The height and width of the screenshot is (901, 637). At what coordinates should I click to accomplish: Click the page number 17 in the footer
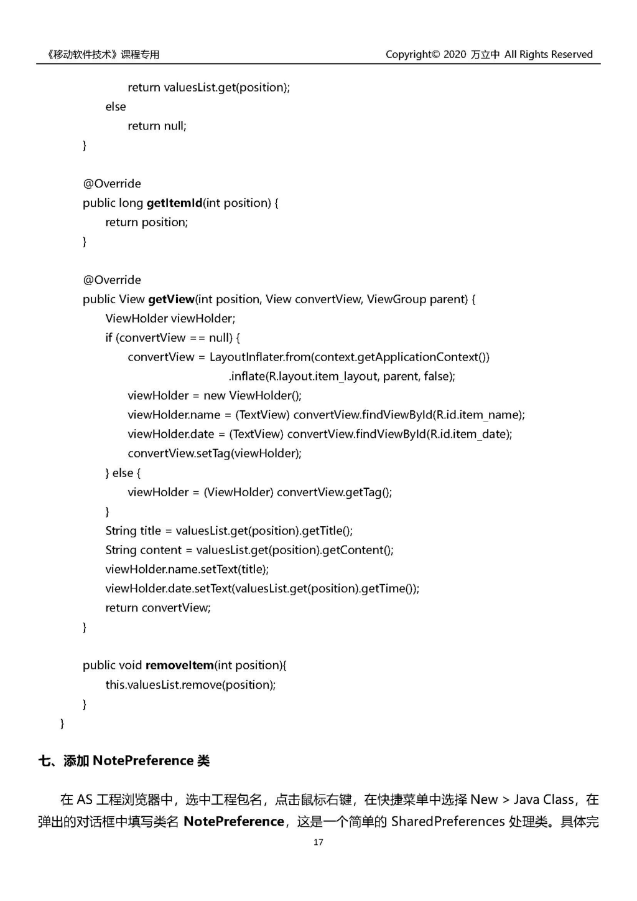pyautogui.click(x=318, y=842)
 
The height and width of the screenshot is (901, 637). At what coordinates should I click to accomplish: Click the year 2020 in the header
pyautogui.click(x=455, y=55)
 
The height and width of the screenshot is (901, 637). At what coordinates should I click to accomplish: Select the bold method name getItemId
pyautogui.click(x=174, y=203)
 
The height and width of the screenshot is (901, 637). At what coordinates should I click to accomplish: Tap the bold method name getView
pyautogui.click(x=171, y=300)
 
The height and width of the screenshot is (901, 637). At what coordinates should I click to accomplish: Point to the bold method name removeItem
pyautogui.click(x=180, y=666)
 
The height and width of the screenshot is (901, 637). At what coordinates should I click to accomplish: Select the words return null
pyautogui.click(x=157, y=126)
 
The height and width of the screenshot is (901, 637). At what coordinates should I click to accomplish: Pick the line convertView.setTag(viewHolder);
pyautogui.click(x=215, y=453)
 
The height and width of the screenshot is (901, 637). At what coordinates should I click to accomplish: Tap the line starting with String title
pyautogui.click(x=229, y=531)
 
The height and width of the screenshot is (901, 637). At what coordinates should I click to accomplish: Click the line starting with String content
pyautogui.click(x=249, y=550)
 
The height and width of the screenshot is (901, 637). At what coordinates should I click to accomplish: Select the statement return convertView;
pyautogui.click(x=158, y=608)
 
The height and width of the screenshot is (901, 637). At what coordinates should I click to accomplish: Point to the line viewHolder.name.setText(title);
pyautogui.click(x=187, y=569)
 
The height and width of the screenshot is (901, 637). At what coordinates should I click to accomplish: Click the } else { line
pyautogui.click(x=123, y=473)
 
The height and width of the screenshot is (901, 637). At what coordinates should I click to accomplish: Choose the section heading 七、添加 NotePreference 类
pyautogui.click(x=124, y=761)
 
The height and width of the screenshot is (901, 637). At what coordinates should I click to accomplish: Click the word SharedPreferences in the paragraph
pyautogui.click(x=447, y=821)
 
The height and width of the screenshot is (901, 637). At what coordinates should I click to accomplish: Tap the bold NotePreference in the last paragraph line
pyautogui.click(x=234, y=821)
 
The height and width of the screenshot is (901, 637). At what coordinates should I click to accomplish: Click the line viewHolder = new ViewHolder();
pyautogui.click(x=215, y=395)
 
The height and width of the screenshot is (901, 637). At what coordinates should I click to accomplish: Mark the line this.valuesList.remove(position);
pyautogui.click(x=190, y=685)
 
